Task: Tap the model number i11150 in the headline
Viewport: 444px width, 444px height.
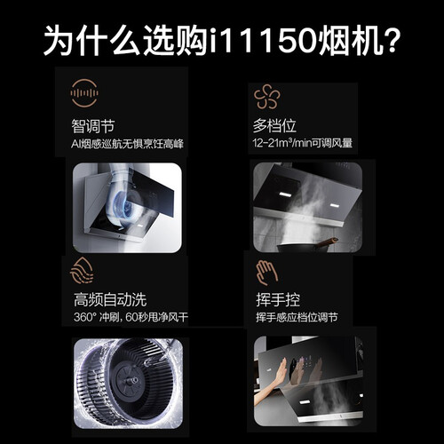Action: click(x=264, y=40)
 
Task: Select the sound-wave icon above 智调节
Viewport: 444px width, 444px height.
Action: click(x=84, y=93)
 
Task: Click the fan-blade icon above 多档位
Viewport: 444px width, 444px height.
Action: click(x=266, y=97)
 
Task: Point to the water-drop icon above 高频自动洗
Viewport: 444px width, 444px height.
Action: click(x=82, y=270)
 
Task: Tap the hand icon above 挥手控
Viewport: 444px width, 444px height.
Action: click(x=266, y=273)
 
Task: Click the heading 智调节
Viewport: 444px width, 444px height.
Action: click(x=92, y=126)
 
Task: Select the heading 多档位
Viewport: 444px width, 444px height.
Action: click(x=274, y=125)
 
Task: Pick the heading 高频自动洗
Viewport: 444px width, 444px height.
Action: click(x=110, y=299)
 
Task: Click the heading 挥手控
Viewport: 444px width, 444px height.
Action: click(x=278, y=300)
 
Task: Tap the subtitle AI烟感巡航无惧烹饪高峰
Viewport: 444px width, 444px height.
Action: click(x=127, y=144)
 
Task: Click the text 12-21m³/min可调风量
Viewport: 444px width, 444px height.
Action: click(x=303, y=143)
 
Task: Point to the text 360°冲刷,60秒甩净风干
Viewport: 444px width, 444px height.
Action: click(x=131, y=317)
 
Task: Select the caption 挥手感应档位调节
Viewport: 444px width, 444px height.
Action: click(x=297, y=317)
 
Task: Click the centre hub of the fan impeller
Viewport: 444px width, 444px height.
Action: click(x=132, y=380)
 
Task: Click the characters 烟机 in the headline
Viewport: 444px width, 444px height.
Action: click(x=348, y=40)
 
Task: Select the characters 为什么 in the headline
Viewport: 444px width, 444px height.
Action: click(x=91, y=40)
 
